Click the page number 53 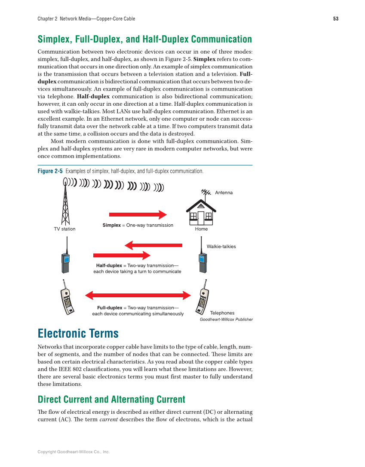point(335,19)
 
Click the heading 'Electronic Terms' point(78,333)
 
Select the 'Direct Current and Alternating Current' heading point(111,400)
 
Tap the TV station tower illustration point(65,202)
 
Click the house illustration point(201,211)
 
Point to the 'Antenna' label point(224,193)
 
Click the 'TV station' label point(64,229)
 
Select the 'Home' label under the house point(201,229)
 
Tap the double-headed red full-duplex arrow point(138,295)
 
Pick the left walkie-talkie point(65,259)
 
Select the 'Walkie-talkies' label point(221,247)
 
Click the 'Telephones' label point(222,313)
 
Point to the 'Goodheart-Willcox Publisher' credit point(226,320)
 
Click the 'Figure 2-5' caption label point(50,171)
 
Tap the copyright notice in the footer point(74,452)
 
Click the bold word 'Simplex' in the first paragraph point(204,59)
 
